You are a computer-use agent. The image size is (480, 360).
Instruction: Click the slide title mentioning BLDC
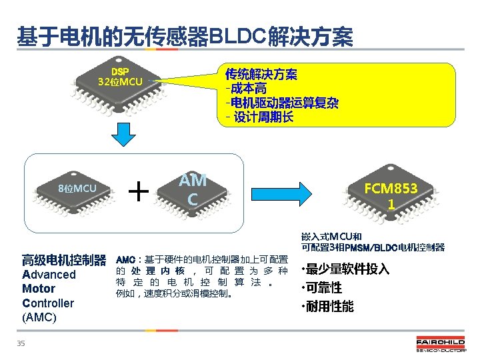185,37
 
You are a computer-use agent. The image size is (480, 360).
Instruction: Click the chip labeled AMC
192,190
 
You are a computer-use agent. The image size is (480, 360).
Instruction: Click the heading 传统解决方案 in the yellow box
261,74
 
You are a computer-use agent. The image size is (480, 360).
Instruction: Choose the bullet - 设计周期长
259,118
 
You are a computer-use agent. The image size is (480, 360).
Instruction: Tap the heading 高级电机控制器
64,259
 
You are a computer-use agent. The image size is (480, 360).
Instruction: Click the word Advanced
49,275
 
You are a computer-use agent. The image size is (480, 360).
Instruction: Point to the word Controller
48,303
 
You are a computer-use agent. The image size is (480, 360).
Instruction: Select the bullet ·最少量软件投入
345,270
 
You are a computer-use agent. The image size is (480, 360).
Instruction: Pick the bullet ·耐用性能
327,307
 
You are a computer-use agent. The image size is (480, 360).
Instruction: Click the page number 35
21,343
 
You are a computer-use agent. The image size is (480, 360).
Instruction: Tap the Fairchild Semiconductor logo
441,345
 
